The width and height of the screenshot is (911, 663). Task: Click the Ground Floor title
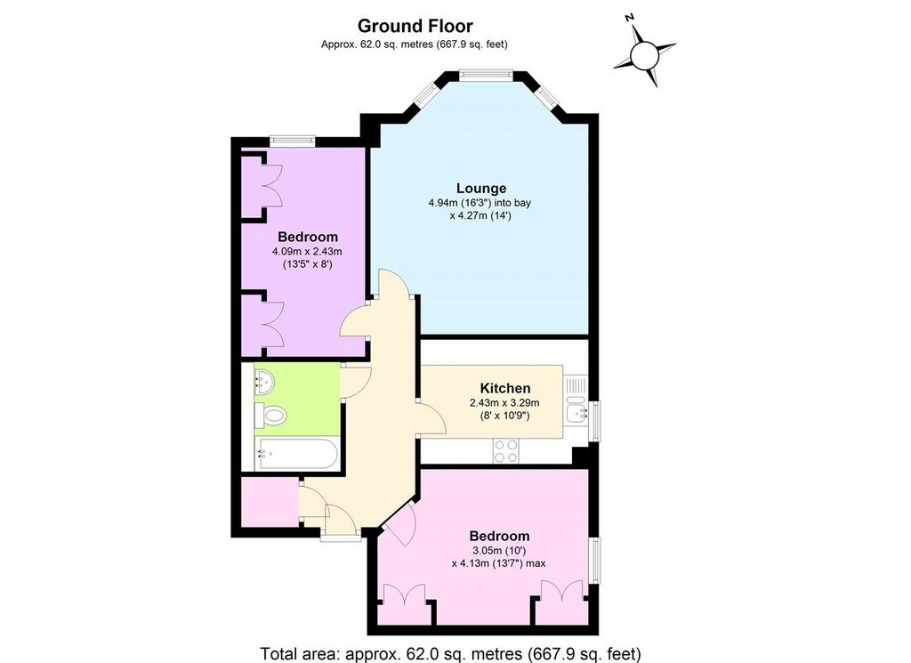tap(415, 26)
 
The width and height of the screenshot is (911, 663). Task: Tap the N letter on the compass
tap(629, 18)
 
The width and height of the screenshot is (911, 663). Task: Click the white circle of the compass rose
tap(644, 57)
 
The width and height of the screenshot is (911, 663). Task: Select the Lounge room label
tap(481, 189)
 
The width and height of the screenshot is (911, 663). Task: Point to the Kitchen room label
tap(505, 388)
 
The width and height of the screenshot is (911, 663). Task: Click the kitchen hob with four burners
tap(505, 451)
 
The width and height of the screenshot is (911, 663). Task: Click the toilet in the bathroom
tap(270, 416)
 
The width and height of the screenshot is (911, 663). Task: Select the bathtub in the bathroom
tap(296, 455)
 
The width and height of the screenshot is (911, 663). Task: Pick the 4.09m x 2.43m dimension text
tap(307, 252)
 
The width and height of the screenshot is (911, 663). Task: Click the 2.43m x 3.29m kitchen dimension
tap(504, 402)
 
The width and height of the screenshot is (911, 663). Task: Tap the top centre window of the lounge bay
tap(485, 75)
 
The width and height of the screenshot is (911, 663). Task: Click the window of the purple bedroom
tap(292, 140)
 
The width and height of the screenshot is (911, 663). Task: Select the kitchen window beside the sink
tap(595, 421)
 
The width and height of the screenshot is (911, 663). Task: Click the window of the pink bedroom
tap(595, 560)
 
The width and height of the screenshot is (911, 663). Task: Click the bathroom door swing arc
tap(356, 383)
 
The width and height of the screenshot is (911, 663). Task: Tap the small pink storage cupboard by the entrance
tap(270, 502)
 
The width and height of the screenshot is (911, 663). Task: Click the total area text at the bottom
tap(451, 654)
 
